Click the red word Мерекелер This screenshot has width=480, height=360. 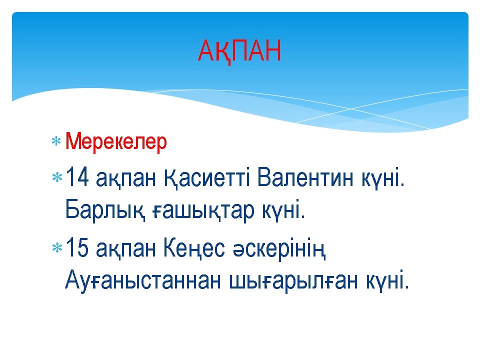click(116, 141)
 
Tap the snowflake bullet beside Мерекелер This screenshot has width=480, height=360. click(56, 141)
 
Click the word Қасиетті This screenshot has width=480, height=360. click(207, 178)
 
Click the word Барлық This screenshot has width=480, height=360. click(104, 211)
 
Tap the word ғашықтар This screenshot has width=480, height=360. click(203, 211)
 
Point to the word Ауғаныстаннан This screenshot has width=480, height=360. click(142, 280)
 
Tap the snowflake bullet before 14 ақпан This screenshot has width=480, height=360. click(57, 177)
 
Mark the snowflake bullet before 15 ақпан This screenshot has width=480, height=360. click(57, 247)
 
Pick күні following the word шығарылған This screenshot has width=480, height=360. click(387, 280)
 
